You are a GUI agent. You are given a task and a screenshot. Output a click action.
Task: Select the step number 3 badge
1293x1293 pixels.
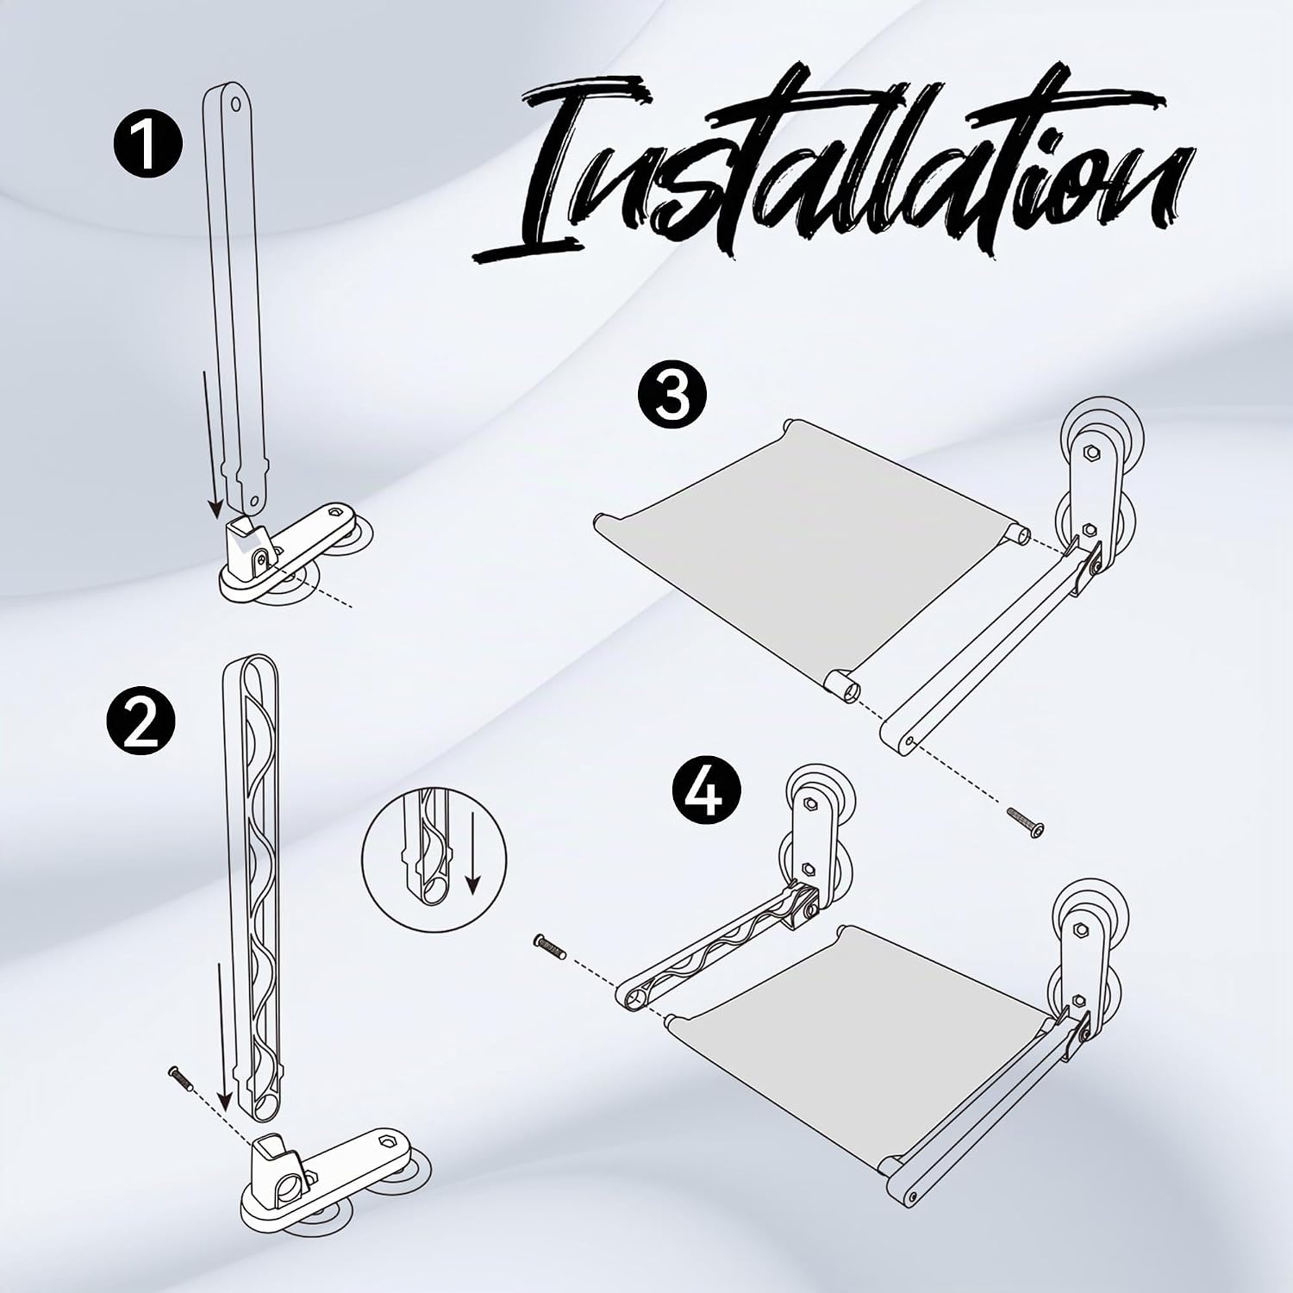click(672, 397)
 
